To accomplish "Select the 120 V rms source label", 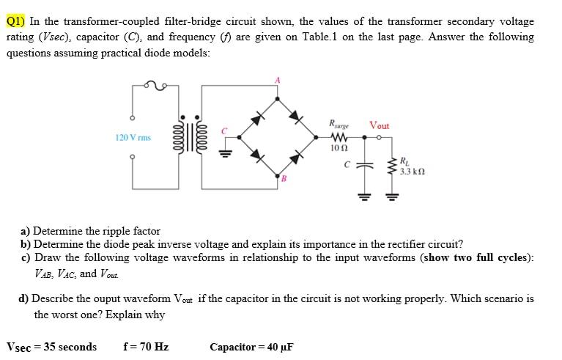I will click(133, 137).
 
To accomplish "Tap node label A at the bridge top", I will click(278, 79).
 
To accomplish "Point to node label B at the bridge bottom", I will click(283, 177).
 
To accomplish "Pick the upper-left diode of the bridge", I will click(257, 117).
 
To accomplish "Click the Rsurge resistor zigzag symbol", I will click(339, 136).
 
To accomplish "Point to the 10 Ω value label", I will click(339, 148).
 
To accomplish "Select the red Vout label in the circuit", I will click(380, 125).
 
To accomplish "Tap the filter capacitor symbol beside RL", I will click(359, 166).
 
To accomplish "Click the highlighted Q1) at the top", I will click(17, 21).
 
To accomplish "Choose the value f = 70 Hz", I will click(146, 347).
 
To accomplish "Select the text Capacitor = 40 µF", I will click(251, 347).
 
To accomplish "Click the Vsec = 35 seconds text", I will click(51, 347).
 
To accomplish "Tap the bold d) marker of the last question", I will click(24, 298).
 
